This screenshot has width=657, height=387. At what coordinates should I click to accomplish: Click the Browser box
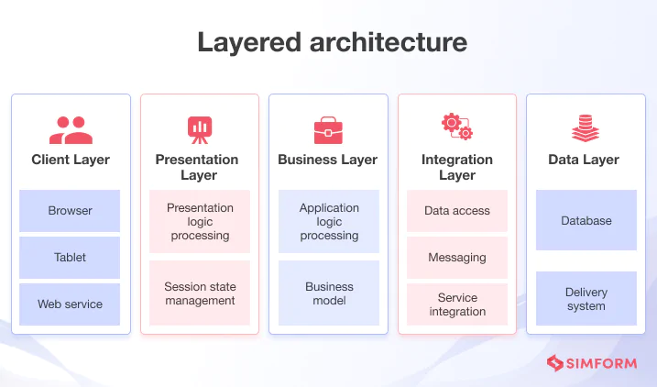point(70,211)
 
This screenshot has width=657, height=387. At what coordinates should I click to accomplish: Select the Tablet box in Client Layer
point(70,258)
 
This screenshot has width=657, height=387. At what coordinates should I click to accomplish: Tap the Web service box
point(70,304)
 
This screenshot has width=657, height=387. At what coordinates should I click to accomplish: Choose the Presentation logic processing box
point(200,222)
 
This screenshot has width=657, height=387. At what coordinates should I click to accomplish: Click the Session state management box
point(200,293)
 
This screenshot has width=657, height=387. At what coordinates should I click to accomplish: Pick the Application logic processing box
point(328,222)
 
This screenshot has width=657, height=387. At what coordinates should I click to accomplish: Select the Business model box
point(328,293)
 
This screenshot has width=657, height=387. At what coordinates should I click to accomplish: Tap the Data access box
point(456,211)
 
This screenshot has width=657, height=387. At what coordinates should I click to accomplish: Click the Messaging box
point(456,258)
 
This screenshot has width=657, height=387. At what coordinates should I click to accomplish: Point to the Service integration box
point(456,304)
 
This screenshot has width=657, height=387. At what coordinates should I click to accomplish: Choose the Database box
point(586,221)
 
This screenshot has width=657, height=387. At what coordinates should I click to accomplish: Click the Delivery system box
point(586,299)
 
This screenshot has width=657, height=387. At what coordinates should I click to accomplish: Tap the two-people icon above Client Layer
point(71,129)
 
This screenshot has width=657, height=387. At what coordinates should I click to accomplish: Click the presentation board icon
point(200,129)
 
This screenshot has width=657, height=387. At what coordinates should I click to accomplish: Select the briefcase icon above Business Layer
point(328,130)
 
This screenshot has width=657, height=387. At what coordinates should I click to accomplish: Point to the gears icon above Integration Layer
point(456,127)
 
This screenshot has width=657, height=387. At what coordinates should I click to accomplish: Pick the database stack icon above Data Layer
point(585,128)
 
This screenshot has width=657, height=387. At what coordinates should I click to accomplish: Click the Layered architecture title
point(328,42)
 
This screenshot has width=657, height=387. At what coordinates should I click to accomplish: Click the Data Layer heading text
point(584,160)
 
